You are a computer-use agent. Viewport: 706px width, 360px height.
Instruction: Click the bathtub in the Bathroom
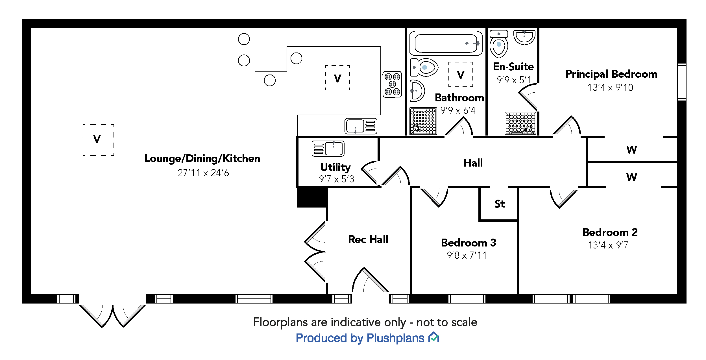click(x=446, y=43)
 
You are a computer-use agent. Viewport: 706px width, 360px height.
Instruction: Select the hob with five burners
click(x=392, y=84)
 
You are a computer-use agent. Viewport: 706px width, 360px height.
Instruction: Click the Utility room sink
click(x=328, y=149)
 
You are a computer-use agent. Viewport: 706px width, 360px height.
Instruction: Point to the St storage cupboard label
click(x=499, y=204)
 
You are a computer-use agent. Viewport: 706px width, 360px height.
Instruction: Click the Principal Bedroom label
click(x=611, y=74)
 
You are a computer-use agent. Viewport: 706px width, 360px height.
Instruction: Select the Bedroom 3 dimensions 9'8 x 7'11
click(x=467, y=255)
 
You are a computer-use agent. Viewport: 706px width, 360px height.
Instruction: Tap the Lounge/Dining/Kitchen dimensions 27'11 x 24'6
click(x=203, y=173)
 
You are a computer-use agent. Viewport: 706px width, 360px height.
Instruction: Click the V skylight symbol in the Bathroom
click(x=461, y=75)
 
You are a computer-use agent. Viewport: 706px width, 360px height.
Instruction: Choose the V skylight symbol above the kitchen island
click(x=337, y=78)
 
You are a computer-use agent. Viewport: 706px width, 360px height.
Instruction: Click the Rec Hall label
click(x=368, y=239)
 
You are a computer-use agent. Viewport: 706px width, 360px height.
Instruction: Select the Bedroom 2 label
click(x=610, y=232)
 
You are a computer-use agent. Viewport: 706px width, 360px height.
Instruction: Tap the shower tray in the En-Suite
click(x=520, y=123)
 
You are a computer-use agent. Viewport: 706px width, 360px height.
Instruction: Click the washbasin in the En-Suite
click(x=524, y=37)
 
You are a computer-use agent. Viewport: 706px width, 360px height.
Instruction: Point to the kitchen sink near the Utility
click(x=361, y=126)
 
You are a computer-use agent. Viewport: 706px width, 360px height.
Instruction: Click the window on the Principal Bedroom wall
click(x=682, y=82)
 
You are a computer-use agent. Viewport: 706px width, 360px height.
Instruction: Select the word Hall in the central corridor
click(x=473, y=163)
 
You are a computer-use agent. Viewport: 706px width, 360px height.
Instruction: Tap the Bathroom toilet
click(x=425, y=67)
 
